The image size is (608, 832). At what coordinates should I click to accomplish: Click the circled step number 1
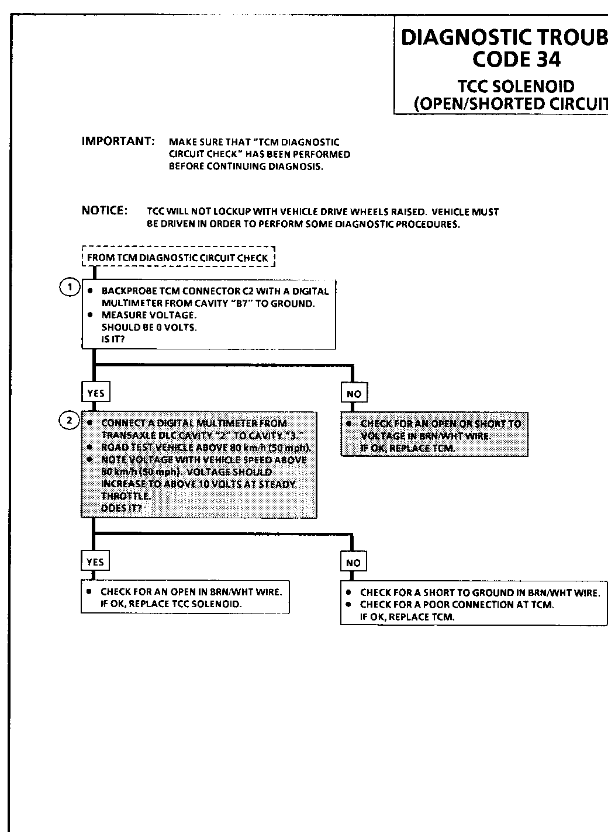click(x=70, y=287)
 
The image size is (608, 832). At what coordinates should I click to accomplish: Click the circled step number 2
click(x=70, y=420)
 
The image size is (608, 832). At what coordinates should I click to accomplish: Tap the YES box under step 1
click(x=95, y=394)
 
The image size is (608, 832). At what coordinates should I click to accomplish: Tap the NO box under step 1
click(x=354, y=394)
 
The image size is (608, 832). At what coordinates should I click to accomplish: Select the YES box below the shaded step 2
click(x=95, y=562)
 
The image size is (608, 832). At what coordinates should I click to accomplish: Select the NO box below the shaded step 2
click(x=353, y=563)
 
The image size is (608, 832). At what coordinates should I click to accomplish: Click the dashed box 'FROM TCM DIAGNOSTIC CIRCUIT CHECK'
click(x=178, y=258)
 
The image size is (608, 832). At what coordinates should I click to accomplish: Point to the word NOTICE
click(x=105, y=210)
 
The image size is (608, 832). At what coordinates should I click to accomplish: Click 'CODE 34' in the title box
click(x=516, y=60)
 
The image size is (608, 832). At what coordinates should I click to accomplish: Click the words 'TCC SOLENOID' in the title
click(x=516, y=87)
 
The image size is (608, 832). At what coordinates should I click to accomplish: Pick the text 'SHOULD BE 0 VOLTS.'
click(x=149, y=327)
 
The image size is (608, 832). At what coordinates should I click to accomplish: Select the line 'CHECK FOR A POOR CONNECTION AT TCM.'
click(x=457, y=605)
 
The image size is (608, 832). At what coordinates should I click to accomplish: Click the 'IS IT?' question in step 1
click(x=113, y=339)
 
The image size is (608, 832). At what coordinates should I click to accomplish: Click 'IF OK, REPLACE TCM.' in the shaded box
click(x=407, y=449)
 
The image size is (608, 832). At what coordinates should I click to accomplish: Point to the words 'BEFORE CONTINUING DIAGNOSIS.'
click(x=246, y=167)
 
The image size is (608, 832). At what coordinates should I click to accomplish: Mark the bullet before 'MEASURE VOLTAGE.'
click(x=90, y=315)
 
